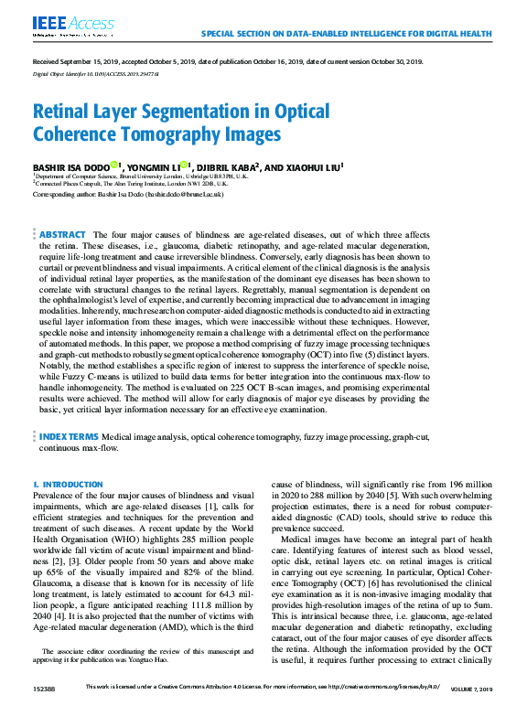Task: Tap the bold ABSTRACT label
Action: point(63,235)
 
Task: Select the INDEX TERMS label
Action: point(70,437)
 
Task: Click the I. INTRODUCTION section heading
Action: point(68,484)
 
